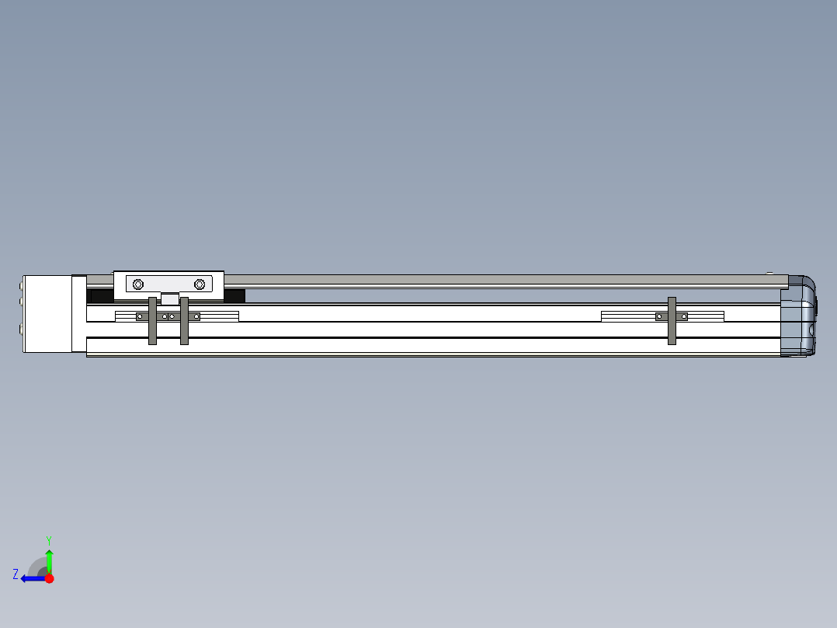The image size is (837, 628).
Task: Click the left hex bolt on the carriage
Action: pyautogui.click(x=138, y=284)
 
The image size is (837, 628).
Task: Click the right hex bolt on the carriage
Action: pyautogui.click(x=200, y=284)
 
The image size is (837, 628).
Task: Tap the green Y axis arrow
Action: pyautogui.click(x=49, y=561)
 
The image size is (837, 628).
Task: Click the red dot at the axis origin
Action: pyautogui.click(x=49, y=578)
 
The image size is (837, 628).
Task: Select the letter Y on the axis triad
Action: pyautogui.click(x=49, y=540)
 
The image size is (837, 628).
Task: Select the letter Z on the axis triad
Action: pyautogui.click(x=16, y=574)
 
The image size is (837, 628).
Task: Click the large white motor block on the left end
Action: pyautogui.click(x=47, y=314)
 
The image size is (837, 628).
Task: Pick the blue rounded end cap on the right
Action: pyautogui.click(x=798, y=316)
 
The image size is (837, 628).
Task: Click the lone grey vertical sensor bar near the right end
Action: pyautogui.click(x=672, y=321)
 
